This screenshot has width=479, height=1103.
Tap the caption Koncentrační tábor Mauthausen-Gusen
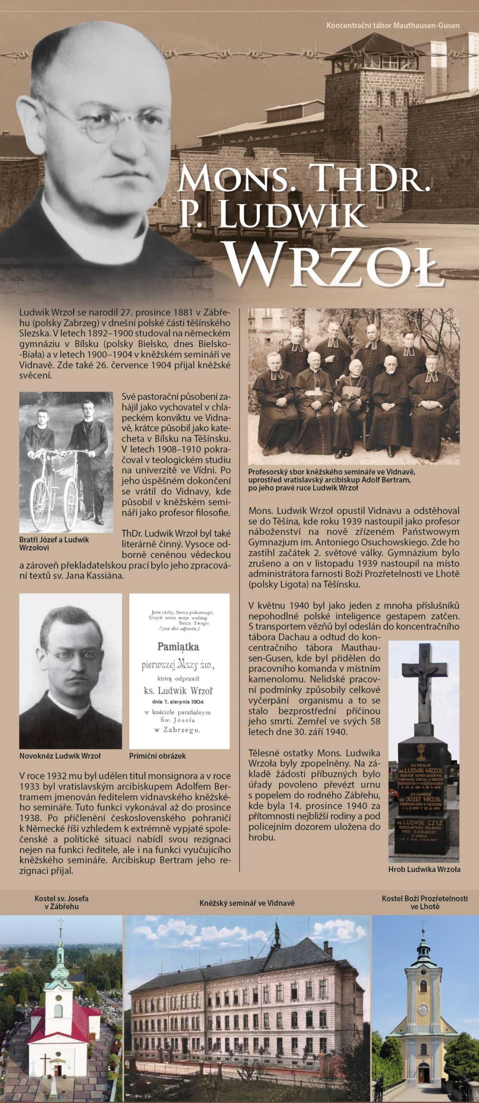click(x=392, y=25)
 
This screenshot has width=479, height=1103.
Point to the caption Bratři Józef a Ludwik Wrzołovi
click(x=54, y=543)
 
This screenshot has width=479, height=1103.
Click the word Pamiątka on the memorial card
click(x=178, y=646)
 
